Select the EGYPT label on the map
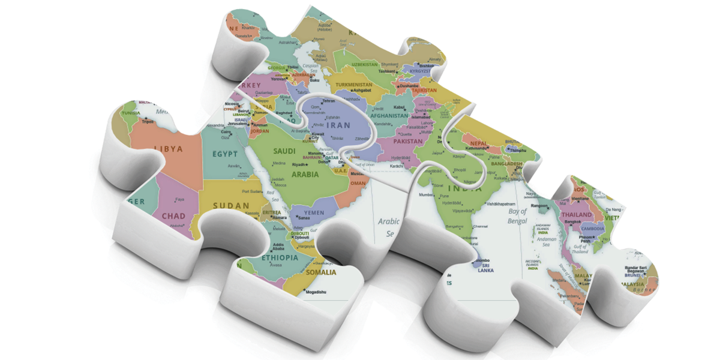tap(225, 154)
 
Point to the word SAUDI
tap(285, 151)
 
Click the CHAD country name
tap(173, 216)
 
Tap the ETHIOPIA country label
tap(280, 258)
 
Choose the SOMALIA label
tap(322, 272)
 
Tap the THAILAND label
tap(577, 214)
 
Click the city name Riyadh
tap(299, 164)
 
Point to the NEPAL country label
tap(478, 143)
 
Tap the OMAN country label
tap(358, 183)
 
